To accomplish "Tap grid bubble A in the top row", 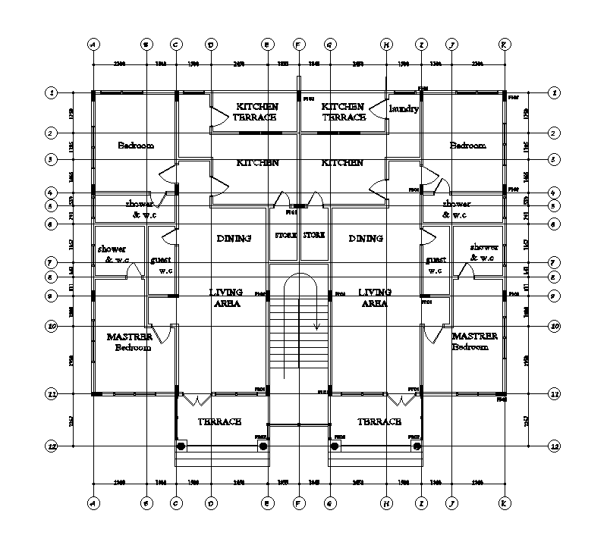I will coord(93,44).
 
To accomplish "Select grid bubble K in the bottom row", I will coord(504,502).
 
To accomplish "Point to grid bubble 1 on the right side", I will coord(555,92).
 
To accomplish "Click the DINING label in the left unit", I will coord(234,239).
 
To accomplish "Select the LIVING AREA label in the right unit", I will coord(374,297).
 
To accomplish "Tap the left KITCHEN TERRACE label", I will coord(256,111).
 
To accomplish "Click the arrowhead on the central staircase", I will coord(316,327).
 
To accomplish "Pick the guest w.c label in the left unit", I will coord(161,265).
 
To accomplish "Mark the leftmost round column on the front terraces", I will coord(181,446).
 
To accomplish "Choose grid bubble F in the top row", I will coord(299,44).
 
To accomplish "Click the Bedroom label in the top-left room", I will coord(136,145).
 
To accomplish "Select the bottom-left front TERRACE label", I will coord(220,421).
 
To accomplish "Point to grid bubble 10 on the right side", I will coord(555,326).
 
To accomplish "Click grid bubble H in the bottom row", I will coord(386,502).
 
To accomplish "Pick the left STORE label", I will coord(285,236).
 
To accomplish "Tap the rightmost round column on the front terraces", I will coord(417,446).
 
